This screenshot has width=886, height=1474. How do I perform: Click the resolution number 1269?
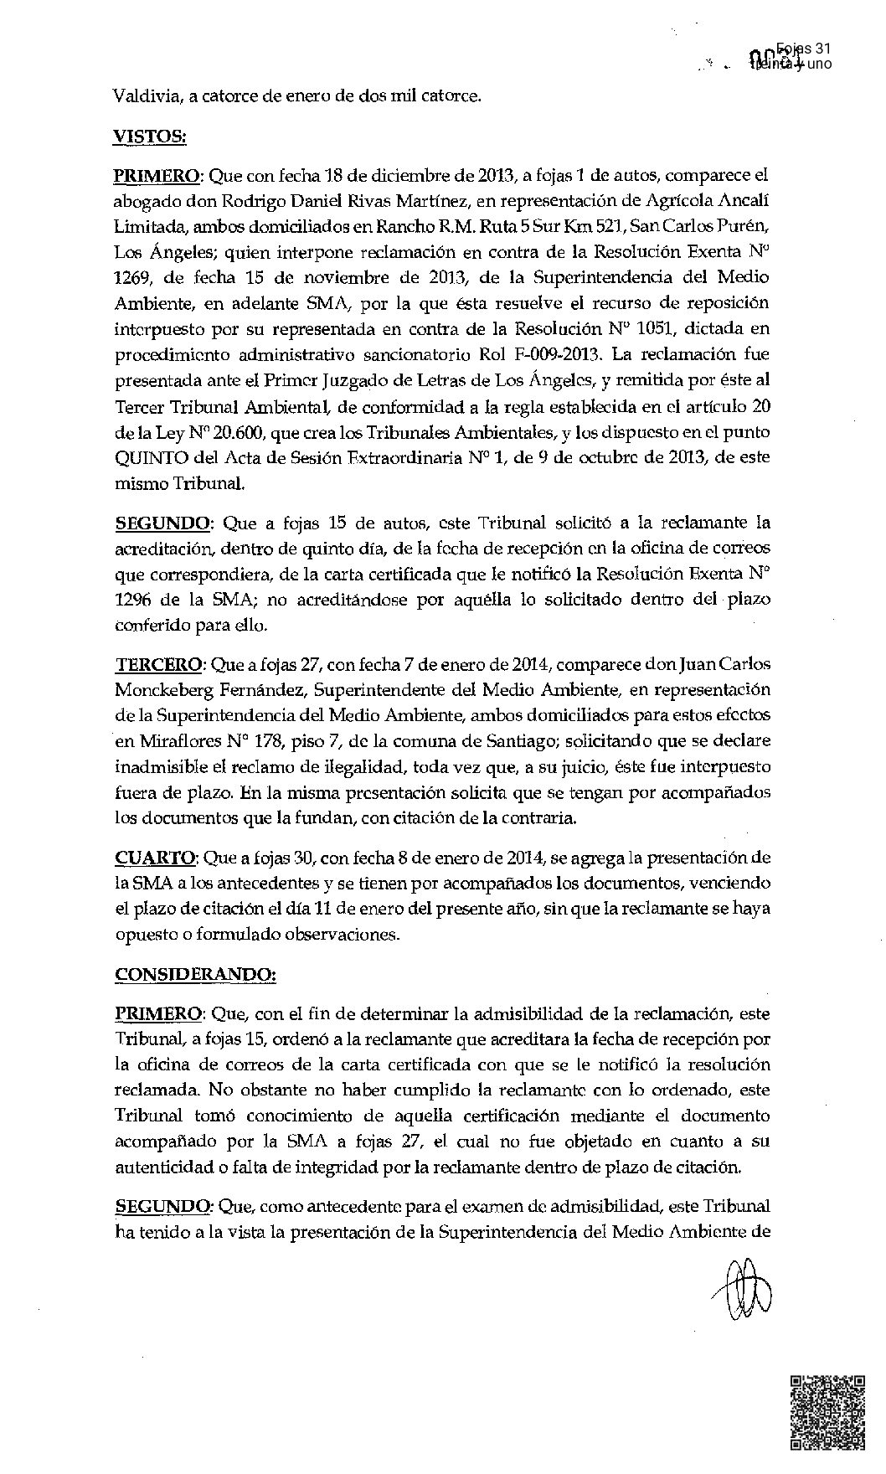tap(132, 277)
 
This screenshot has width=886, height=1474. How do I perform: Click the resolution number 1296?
tap(132, 600)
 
